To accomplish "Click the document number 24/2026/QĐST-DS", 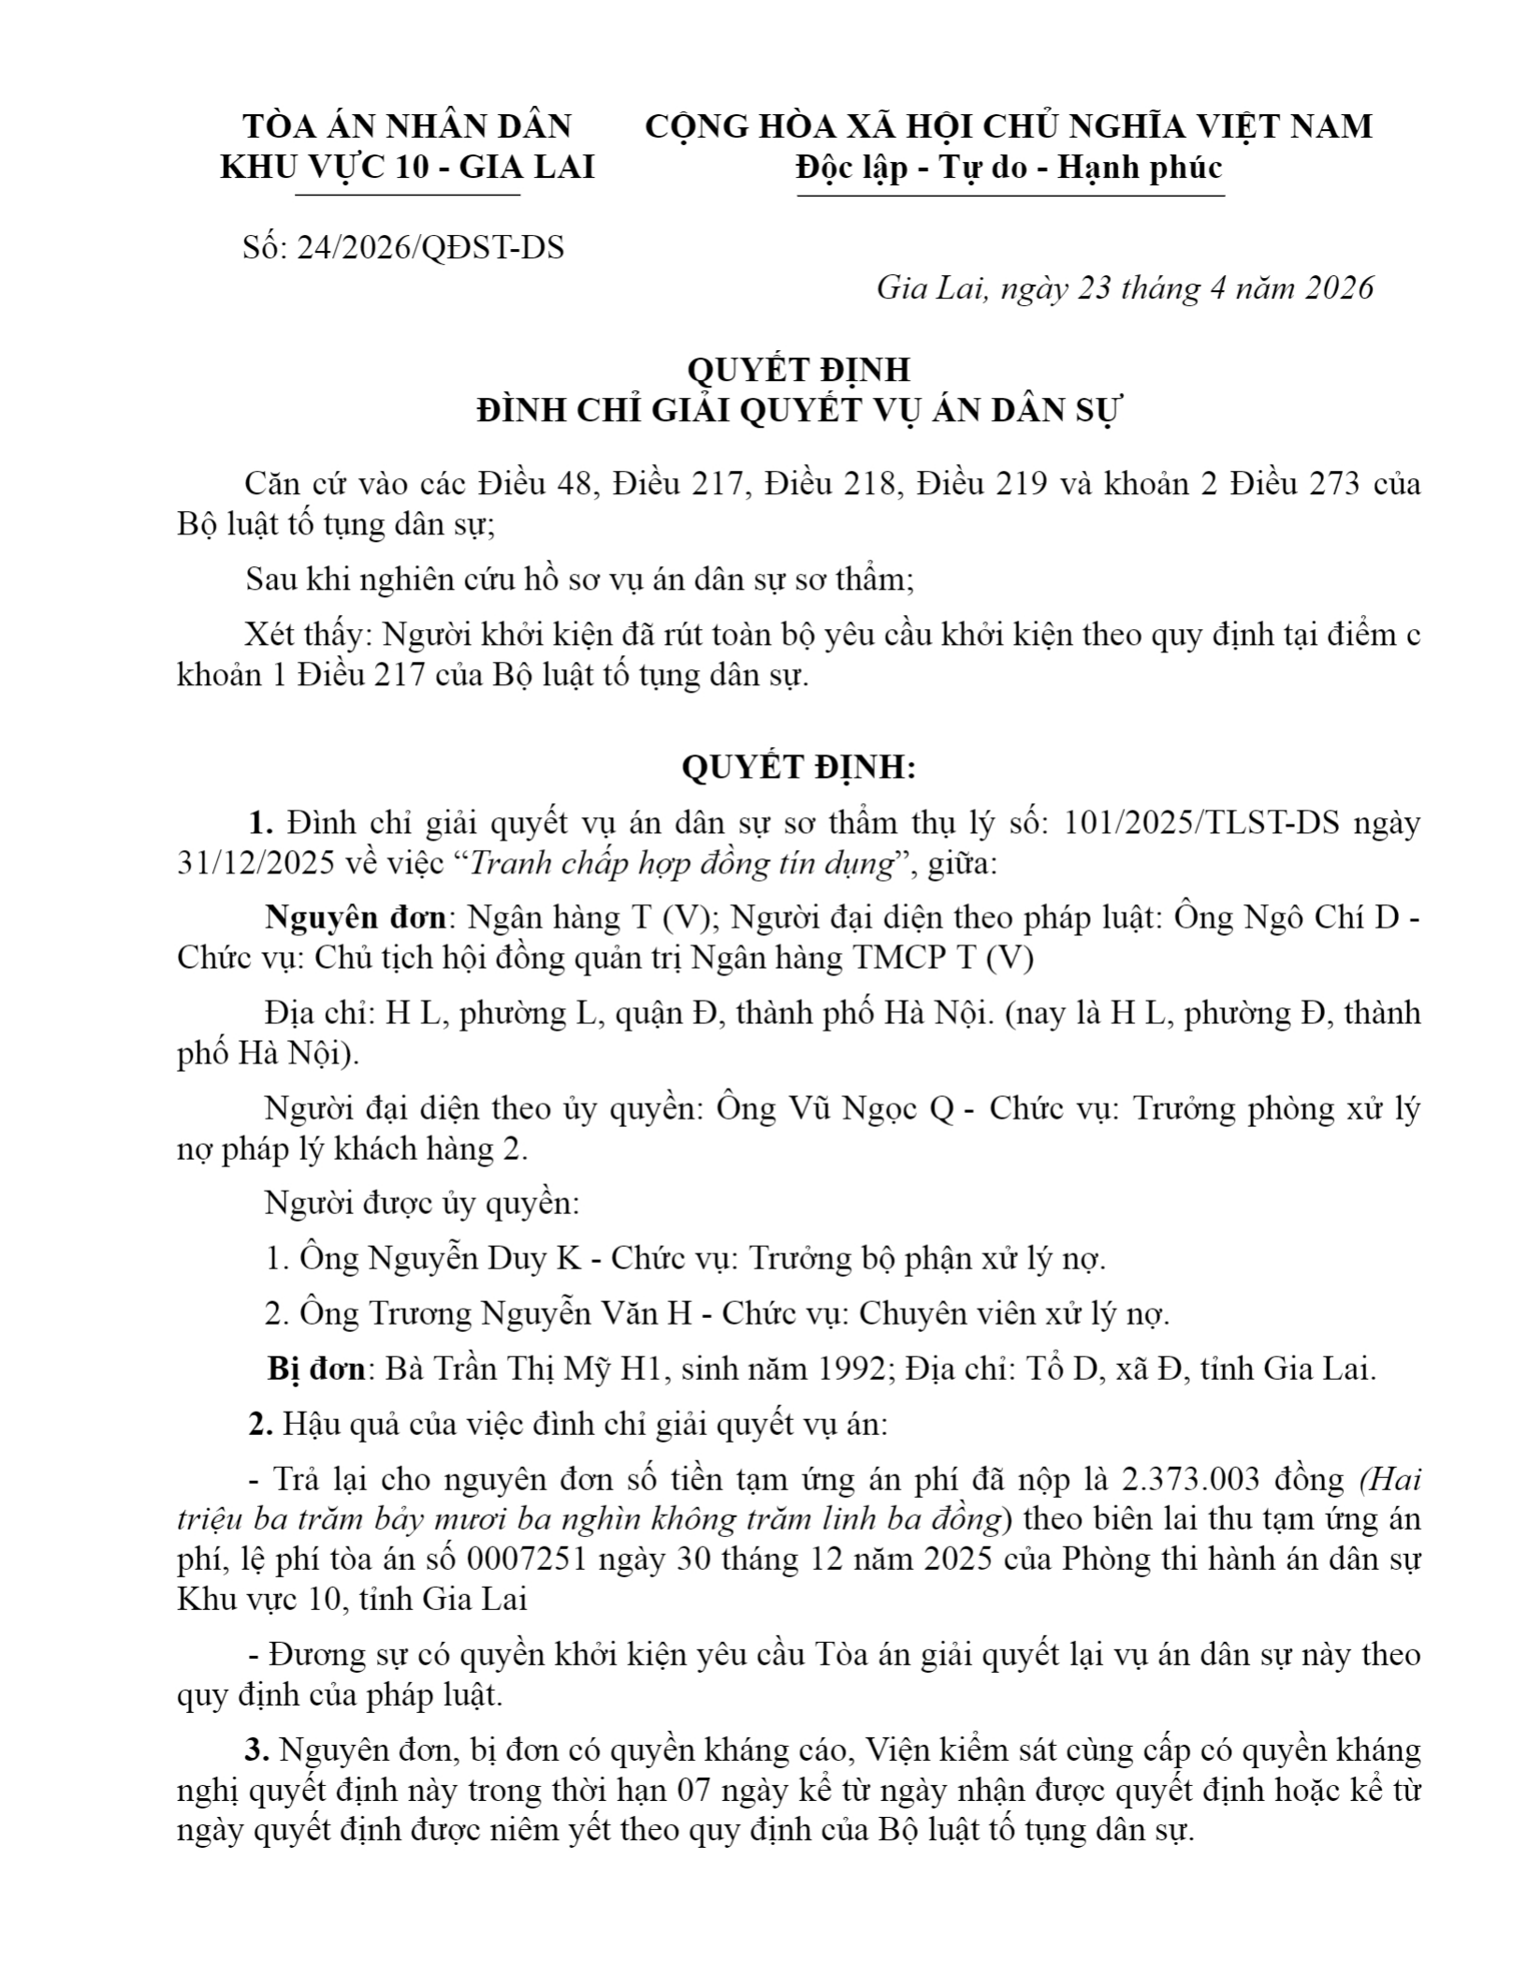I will (430, 248).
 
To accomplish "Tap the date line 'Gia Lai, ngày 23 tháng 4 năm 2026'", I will (1125, 287).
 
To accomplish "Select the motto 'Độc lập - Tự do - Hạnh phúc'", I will (1010, 168).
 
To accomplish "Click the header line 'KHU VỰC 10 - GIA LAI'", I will (407, 168).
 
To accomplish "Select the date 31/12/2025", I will (255, 863).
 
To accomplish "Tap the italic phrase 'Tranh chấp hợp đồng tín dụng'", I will (681, 863).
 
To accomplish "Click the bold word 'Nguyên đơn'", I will (353, 917).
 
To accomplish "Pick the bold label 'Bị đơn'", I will (316, 1369).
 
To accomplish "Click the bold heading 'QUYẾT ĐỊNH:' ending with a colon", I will (798, 768).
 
